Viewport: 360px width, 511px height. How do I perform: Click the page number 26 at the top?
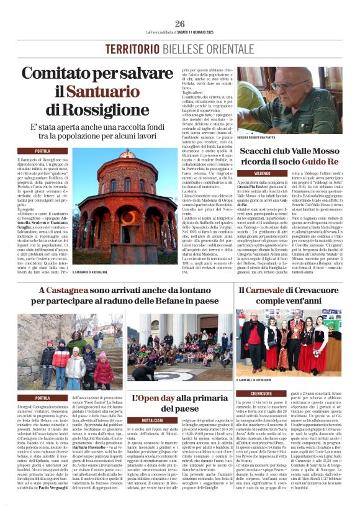[x=180, y=24]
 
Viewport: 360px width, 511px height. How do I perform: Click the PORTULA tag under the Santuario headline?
[x=42, y=151]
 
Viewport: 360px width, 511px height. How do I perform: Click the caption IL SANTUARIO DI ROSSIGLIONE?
[x=94, y=271]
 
